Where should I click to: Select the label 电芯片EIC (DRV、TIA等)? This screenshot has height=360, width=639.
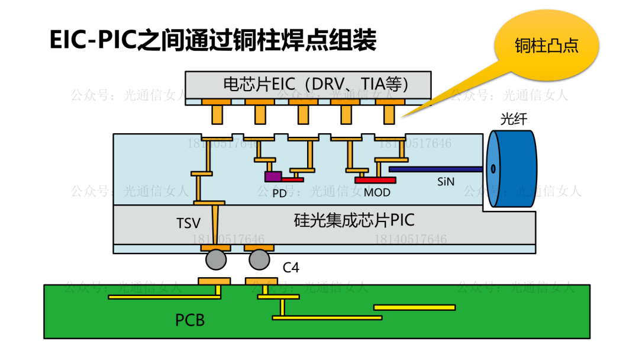[x=316, y=84]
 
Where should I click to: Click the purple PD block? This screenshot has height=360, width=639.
[x=273, y=176]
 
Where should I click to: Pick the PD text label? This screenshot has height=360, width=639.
[x=279, y=192]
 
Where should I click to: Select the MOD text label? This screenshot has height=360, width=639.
[x=377, y=192]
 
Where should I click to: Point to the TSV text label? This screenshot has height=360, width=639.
[x=188, y=223]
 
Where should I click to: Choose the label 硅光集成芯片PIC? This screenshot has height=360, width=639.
[x=354, y=221]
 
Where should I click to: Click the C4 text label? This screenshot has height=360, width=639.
[x=291, y=268]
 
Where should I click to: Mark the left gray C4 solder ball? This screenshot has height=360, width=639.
[x=216, y=259]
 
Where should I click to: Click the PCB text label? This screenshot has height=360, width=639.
[x=190, y=320]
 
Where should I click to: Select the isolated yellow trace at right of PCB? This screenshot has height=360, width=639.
[x=414, y=307]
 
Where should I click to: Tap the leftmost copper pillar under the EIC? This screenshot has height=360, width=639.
[x=216, y=113]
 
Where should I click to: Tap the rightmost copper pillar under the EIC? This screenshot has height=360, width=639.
[x=389, y=113]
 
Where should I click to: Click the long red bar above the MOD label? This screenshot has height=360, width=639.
[x=375, y=180]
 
